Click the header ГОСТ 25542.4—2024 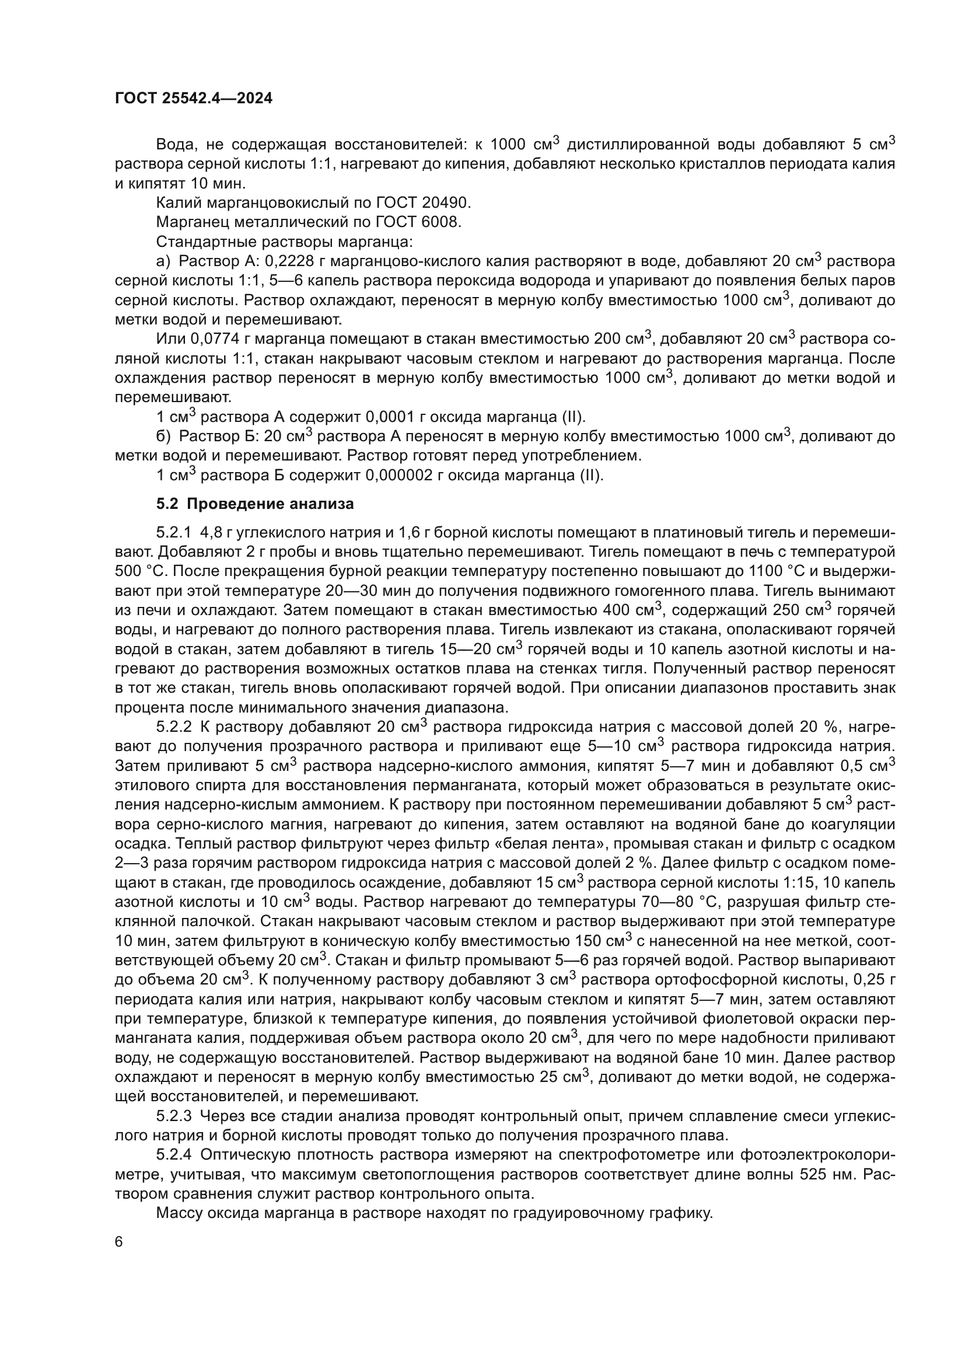pos(193,99)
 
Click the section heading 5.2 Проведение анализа pos(255,504)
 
